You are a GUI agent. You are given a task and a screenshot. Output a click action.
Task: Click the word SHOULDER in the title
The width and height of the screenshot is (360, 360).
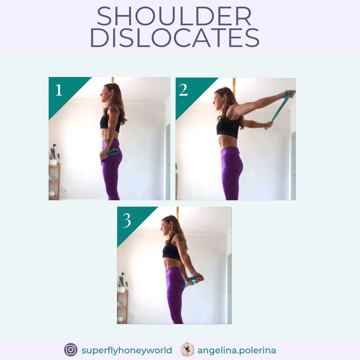click(174, 17)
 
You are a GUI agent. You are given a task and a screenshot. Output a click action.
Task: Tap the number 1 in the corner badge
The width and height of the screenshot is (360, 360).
click(59, 90)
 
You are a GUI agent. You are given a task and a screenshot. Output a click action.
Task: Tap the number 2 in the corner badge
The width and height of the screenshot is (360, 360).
click(183, 90)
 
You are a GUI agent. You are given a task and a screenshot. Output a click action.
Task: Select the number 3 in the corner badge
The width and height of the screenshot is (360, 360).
click(127, 220)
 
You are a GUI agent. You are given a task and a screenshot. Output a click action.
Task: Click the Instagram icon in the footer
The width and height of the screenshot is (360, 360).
click(71, 350)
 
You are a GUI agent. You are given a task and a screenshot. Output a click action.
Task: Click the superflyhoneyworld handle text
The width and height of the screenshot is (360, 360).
click(127, 350)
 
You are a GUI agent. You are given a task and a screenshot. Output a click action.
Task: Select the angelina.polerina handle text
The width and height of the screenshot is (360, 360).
click(237, 350)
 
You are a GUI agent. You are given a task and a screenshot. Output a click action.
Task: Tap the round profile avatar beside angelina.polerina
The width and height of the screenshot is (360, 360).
click(187, 350)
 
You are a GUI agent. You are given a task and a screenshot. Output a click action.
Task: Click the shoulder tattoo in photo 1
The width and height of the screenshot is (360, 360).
click(114, 109)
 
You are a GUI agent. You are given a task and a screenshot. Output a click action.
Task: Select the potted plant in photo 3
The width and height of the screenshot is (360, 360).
click(122, 283)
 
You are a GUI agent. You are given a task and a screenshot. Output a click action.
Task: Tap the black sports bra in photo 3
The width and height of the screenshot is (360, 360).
click(171, 252)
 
